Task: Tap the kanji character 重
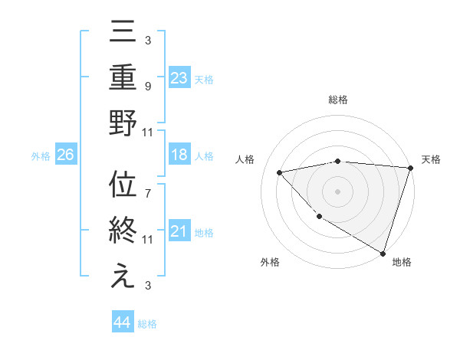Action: point(123,78)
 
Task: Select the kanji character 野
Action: point(123,123)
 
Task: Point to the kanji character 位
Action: point(123,187)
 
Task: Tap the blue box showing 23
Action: point(179,78)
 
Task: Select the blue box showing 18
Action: point(179,155)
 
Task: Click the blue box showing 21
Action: point(179,231)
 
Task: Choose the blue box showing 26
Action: point(66,155)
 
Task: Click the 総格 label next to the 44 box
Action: point(148,324)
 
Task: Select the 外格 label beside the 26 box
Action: point(41,156)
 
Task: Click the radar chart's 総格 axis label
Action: point(338,100)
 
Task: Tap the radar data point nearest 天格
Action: point(410,168)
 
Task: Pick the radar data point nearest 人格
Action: point(280,172)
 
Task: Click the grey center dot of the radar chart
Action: point(338,191)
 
